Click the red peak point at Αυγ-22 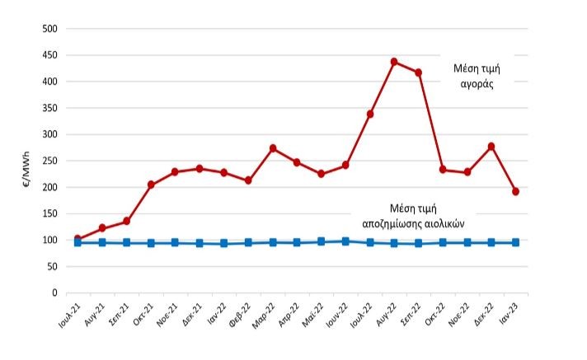pos(394,62)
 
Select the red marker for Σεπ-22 pos(419,72)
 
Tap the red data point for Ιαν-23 pos(516,191)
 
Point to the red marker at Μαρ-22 pos(273,148)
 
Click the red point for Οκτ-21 pos(151,185)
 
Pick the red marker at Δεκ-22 pos(491,147)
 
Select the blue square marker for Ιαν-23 pos(516,242)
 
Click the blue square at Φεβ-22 pos(248,242)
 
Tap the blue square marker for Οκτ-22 pos(443,242)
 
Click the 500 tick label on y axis pos(49,29)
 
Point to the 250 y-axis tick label pos(49,161)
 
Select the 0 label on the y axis pos(54,292)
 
